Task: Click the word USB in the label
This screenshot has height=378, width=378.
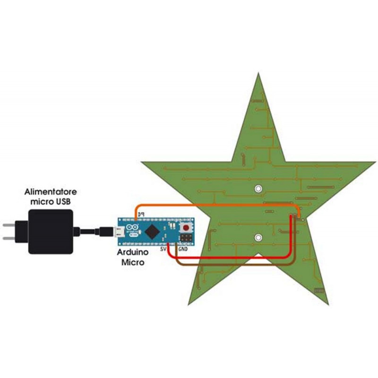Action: tap(63, 202)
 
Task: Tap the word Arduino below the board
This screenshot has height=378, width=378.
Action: tap(133, 252)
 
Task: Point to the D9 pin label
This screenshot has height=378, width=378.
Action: tap(140, 215)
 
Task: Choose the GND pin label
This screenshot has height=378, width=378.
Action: tap(184, 248)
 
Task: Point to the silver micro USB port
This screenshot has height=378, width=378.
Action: tap(119, 232)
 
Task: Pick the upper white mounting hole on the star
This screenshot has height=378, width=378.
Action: tap(258, 189)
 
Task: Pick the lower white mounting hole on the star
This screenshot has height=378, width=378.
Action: tap(258, 237)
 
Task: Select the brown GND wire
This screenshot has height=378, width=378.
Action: tap(236, 263)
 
